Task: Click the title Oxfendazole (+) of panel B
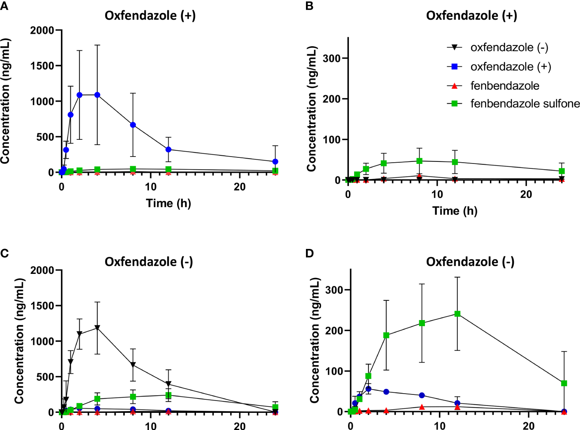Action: (471, 16)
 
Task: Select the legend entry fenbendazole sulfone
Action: (525, 104)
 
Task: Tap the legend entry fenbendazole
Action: (505, 86)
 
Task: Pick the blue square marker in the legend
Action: (454, 67)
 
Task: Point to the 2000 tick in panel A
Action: (42, 30)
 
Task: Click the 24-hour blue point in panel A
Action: (275, 162)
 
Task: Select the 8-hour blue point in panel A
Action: (133, 125)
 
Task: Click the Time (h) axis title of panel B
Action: (455, 211)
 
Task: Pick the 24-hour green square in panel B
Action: (562, 171)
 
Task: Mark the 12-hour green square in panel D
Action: (457, 314)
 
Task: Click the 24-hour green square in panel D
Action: (564, 383)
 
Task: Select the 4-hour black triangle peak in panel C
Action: (97, 328)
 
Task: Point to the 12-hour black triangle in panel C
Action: (169, 384)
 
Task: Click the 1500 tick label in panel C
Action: (42, 306)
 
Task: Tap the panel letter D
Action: (310, 253)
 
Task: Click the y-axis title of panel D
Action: (314, 340)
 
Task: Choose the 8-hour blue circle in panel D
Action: (422, 395)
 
